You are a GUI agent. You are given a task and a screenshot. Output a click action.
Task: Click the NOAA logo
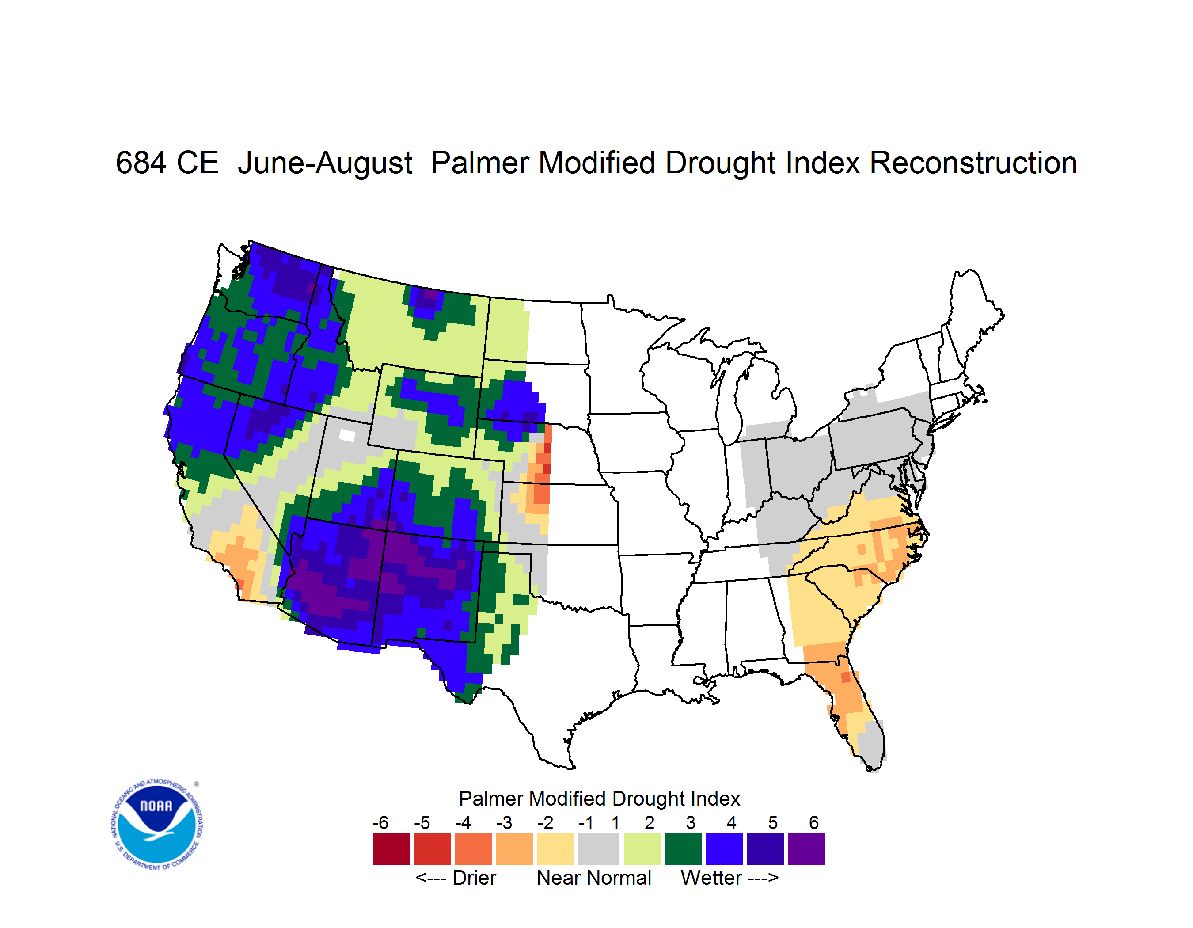click(157, 825)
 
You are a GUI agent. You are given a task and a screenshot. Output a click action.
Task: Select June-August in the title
click(325, 164)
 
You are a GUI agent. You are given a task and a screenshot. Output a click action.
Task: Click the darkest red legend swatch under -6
click(391, 849)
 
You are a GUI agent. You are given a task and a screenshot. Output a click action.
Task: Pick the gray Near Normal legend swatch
click(599, 849)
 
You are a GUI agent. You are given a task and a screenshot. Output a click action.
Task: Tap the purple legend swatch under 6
click(806, 849)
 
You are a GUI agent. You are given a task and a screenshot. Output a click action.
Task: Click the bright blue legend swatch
click(724, 849)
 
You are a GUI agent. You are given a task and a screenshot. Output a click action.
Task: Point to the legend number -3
click(504, 822)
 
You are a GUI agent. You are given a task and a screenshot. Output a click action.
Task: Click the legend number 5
click(772, 822)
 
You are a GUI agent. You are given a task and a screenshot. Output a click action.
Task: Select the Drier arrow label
click(456, 878)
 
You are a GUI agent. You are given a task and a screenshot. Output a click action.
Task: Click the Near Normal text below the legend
click(594, 878)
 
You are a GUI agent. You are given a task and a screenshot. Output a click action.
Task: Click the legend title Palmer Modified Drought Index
click(599, 799)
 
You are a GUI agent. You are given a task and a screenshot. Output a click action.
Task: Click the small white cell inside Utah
click(347, 435)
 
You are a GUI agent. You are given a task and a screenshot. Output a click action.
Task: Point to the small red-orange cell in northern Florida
click(846, 677)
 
